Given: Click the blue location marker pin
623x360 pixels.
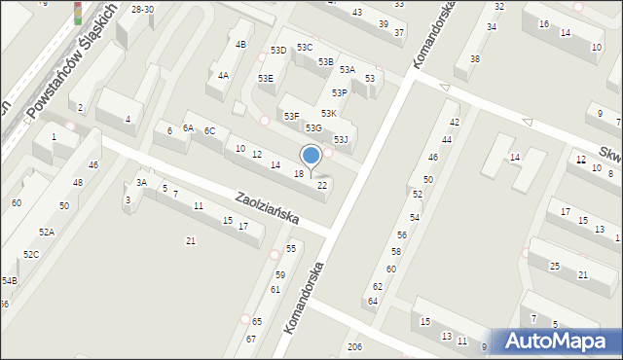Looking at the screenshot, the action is (x=311, y=157).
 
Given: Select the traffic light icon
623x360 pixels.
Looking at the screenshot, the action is (x=78, y=13).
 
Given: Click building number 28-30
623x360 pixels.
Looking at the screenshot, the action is (x=142, y=9).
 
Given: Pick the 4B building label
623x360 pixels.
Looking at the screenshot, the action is (x=240, y=45).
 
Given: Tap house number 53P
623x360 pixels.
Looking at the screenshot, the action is (x=339, y=93).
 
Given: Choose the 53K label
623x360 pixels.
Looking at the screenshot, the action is (x=329, y=114).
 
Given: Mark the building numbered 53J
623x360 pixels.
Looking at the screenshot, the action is (x=341, y=140).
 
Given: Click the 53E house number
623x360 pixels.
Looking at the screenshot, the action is (x=265, y=78).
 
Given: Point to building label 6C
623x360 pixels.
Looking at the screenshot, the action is (x=209, y=131).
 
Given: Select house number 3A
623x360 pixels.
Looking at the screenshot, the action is (x=141, y=182).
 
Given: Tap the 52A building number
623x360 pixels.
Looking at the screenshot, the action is (x=47, y=232).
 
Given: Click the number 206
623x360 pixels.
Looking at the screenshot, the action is (x=355, y=347).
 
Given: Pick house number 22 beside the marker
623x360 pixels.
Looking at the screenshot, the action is (x=322, y=185).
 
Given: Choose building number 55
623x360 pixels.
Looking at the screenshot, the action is (x=291, y=249).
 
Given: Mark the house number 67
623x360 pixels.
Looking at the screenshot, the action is (x=250, y=339).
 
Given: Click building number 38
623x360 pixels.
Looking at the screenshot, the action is (x=474, y=59).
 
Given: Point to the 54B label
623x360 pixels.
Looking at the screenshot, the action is (x=9, y=280).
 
